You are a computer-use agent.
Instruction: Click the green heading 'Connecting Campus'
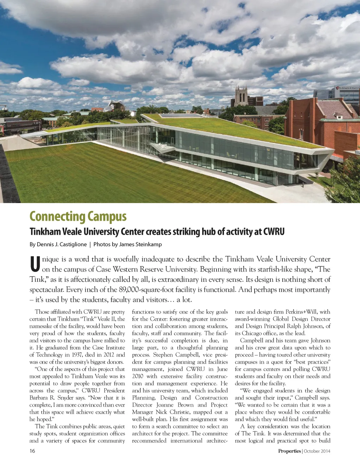point(78,216)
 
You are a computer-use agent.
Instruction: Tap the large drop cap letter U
point(35,264)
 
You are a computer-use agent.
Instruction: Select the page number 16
point(32,451)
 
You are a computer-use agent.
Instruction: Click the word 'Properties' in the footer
point(289,451)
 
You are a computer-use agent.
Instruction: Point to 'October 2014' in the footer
point(317,451)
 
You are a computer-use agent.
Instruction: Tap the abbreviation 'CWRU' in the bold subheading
point(274,232)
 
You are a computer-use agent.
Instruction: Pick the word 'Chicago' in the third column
point(253,333)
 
